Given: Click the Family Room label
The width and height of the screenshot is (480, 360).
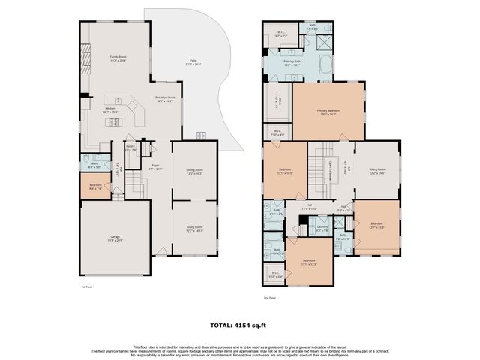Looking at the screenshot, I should [x=118, y=58].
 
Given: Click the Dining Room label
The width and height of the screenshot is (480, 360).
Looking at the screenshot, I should [x=194, y=172].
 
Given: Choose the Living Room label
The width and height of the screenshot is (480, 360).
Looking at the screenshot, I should [x=194, y=228].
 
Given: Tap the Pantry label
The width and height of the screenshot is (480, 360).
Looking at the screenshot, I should [x=130, y=148].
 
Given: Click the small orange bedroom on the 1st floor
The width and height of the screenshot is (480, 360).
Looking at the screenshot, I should [x=95, y=187].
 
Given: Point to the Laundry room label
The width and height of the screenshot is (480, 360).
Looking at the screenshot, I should [x=322, y=228].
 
